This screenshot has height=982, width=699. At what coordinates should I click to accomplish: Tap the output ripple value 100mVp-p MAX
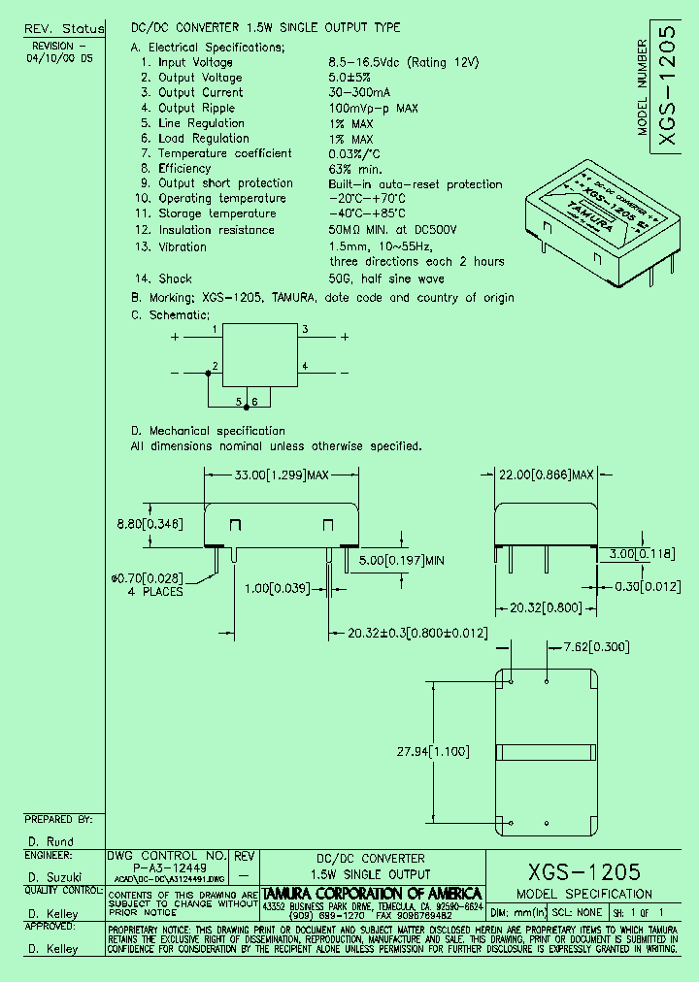(374, 109)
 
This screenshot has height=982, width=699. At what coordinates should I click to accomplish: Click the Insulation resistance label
(216, 230)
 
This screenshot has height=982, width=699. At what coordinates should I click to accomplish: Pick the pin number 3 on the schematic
(305, 330)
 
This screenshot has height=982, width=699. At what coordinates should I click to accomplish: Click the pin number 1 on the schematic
(215, 330)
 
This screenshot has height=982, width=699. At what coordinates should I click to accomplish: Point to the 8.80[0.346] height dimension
(148, 524)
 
